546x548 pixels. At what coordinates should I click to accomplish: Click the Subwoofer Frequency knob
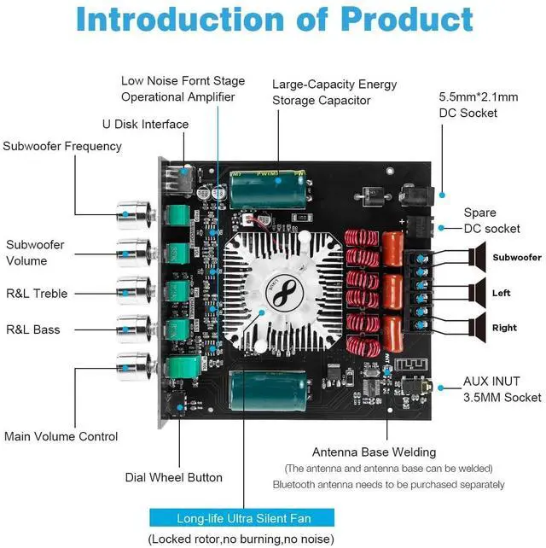(x=135, y=214)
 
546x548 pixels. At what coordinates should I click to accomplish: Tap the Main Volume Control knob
(x=135, y=367)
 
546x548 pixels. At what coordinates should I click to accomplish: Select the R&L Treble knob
(x=135, y=291)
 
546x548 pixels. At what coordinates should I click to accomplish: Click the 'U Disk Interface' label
(x=145, y=124)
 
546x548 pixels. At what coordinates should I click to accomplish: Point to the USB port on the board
(x=178, y=180)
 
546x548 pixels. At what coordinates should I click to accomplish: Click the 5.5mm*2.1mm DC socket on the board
(x=416, y=195)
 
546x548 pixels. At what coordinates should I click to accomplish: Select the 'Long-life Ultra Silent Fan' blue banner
(x=241, y=517)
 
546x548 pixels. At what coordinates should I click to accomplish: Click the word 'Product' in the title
(x=407, y=19)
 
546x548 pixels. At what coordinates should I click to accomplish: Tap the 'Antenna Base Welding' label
(x=375, y=452)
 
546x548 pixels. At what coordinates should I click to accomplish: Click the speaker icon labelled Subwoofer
(x=477, y=257)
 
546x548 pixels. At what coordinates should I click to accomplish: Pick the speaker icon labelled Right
(x=477, y=328)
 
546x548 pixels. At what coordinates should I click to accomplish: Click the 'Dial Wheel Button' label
(x=174, y=477)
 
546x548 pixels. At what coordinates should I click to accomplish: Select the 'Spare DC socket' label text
(x=492, y=220)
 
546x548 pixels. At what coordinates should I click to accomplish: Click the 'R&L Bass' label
(x=33, y=329)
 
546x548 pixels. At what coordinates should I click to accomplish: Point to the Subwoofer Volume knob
(x=135, y=253)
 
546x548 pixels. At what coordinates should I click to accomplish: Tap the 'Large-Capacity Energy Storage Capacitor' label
(x=334, y=92)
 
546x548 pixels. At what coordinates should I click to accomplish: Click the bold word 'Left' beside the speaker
(x=502, y=293)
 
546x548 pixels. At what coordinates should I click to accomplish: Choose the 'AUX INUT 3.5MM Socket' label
(x=502, y=389)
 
